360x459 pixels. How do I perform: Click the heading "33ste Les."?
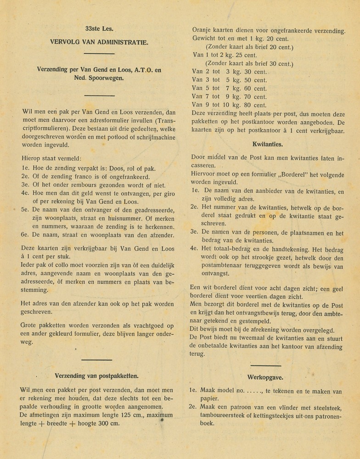coord(99,29)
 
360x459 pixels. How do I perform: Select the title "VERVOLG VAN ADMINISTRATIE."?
coord(99,42)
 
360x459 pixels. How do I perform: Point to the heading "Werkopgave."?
coord(265,377)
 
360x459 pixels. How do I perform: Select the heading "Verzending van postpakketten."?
coord(96,375)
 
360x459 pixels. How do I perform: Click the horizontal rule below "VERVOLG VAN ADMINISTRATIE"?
coord(99,54)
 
